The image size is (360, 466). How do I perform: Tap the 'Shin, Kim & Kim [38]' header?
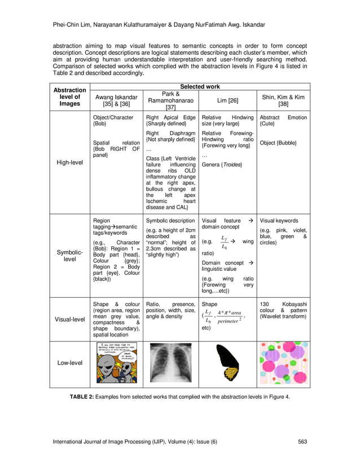283,100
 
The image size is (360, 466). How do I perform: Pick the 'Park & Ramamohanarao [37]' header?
171,100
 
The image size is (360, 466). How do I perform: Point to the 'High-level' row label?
70,162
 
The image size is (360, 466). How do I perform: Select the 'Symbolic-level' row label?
70,255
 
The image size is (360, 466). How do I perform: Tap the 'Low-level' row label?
70,363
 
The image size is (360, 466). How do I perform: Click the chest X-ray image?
171,364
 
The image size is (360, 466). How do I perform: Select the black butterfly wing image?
228,364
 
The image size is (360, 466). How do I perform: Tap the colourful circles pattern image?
283,364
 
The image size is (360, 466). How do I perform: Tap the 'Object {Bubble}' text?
278,143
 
